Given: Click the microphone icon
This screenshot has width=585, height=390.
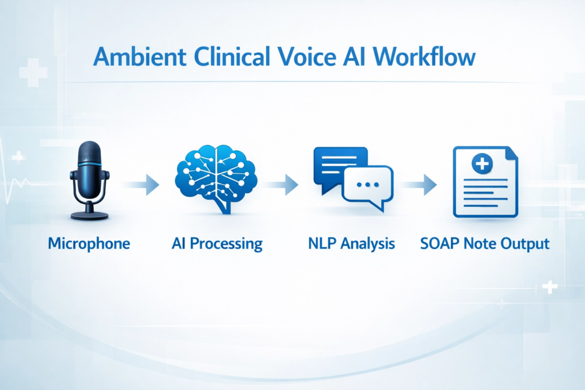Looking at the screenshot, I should coord(89,180).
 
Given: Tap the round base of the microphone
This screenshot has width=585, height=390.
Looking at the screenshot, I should coord(89,215).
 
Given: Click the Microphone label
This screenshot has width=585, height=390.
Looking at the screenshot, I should coord(89,244).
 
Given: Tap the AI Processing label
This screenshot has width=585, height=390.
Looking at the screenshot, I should coord(217,244).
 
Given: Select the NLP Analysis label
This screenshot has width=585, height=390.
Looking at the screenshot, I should coord(351,244).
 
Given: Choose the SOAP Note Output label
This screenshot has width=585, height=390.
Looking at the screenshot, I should coord(484,244).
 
